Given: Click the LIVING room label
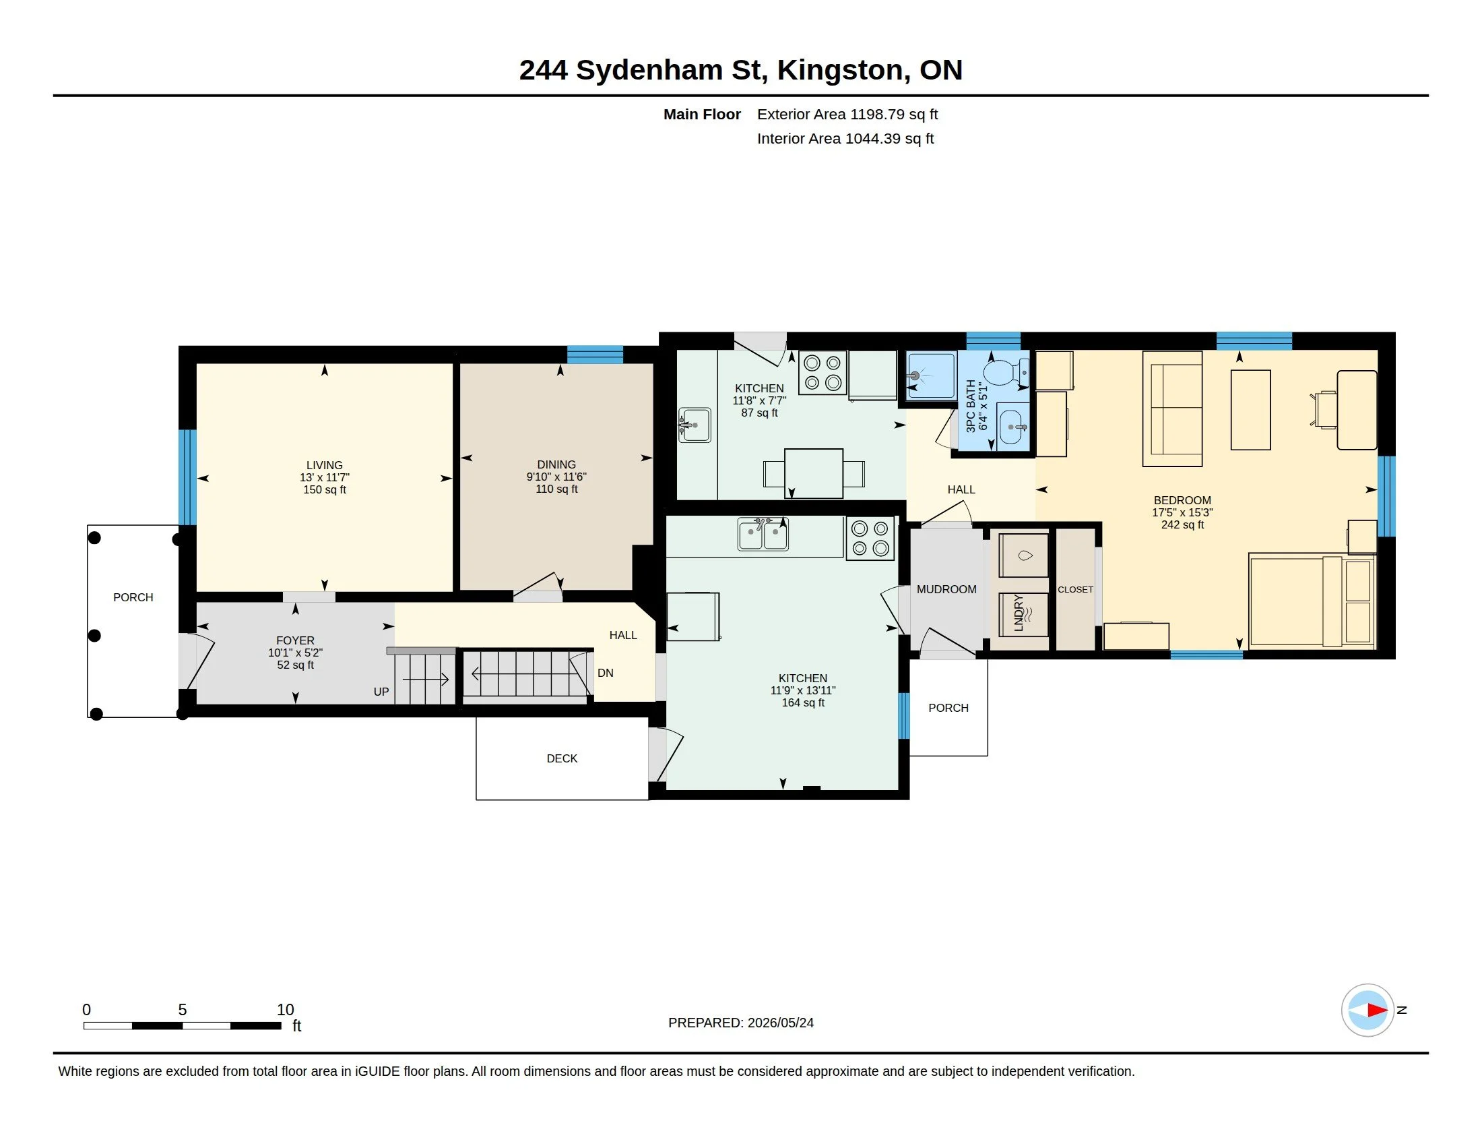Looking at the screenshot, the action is point(325,465).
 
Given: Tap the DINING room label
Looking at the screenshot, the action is point(556,464).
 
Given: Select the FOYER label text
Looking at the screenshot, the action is point(295,640).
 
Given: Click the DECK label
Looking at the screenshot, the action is point(562,758).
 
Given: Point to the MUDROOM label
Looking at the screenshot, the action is point(946,589).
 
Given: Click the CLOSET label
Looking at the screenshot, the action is point(1076,589).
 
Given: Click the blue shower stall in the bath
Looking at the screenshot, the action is point(931,375).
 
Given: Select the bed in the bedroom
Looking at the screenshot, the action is point(1312,601).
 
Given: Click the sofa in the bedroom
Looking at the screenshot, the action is point(1172,408).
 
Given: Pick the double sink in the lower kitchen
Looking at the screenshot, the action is point(763,535).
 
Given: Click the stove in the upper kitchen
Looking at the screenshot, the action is point(823,372).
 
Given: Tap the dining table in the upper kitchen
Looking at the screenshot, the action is point(814,473).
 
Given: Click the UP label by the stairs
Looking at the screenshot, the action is point(381,692).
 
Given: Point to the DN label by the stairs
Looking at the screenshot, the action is point(606,673).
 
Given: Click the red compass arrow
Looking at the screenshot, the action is point(1377,1011).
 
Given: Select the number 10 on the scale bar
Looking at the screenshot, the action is point(285,1010).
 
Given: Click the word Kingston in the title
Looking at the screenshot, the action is point(840,70).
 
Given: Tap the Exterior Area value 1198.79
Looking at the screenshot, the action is point(877,114).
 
